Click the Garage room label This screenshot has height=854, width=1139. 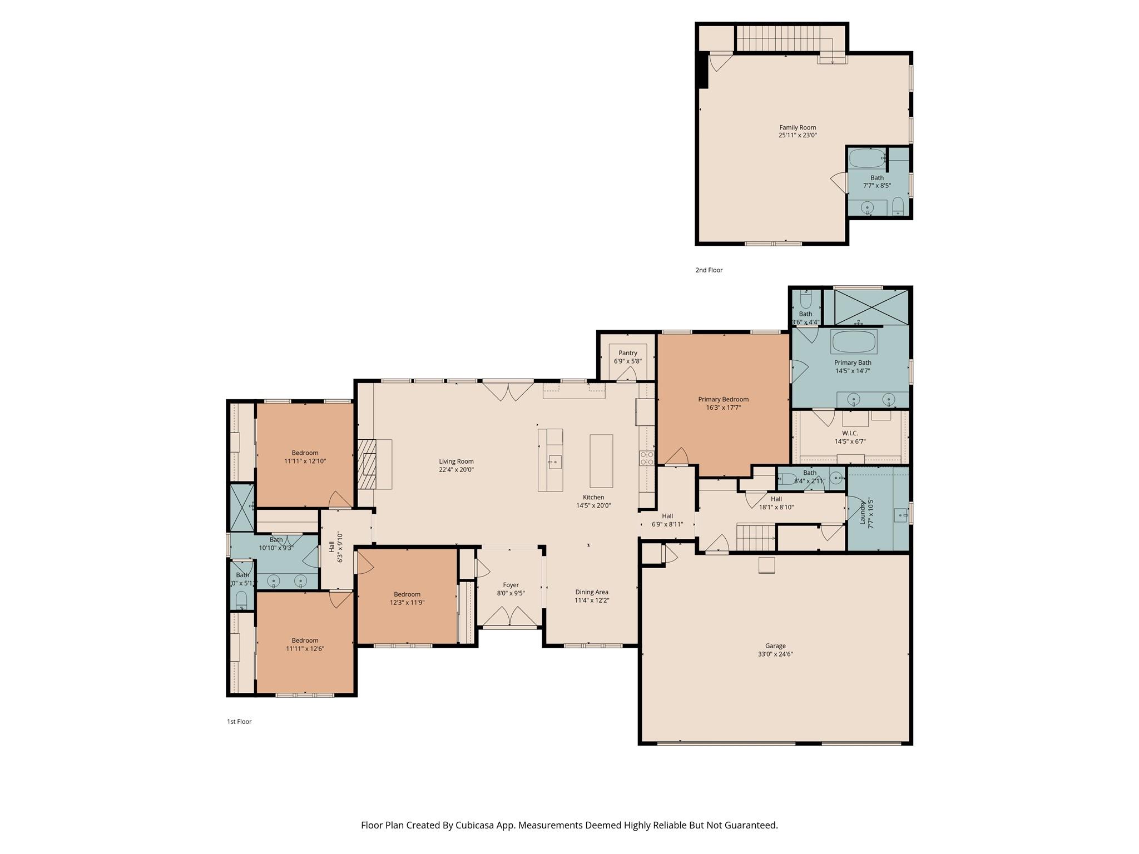pyautogui.click(x=775, y=646)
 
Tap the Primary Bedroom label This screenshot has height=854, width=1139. pyautogui.click(x=723, y=399)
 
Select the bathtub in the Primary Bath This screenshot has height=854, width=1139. pyautogui.click(x=854, y=341)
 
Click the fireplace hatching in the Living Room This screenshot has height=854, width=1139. pyautogui.click(x=367, y=464)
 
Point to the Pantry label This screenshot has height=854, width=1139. pyautogui.click(x=627, y=353)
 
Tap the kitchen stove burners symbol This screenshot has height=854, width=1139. pyautogui.click(x=646, y=458)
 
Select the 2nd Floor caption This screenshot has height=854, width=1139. pyautogui.click(x=709, y=270)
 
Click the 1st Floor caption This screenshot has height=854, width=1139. pyautogui.click(x=239, y=722)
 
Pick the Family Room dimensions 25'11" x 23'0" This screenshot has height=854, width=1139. pyautogui.click(x=798, y=135)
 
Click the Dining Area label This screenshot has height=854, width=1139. pyautogui.click(x=592, y=592)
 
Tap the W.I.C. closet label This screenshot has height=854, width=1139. pyautogui.click(x=850, y=433)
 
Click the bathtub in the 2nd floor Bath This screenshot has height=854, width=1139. pyautogui.click(x=866, y=158)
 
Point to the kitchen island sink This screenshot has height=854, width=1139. pyautogui.click(x=554, y=461)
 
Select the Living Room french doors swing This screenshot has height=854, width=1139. pyautogui.click(x=508, y=391)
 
